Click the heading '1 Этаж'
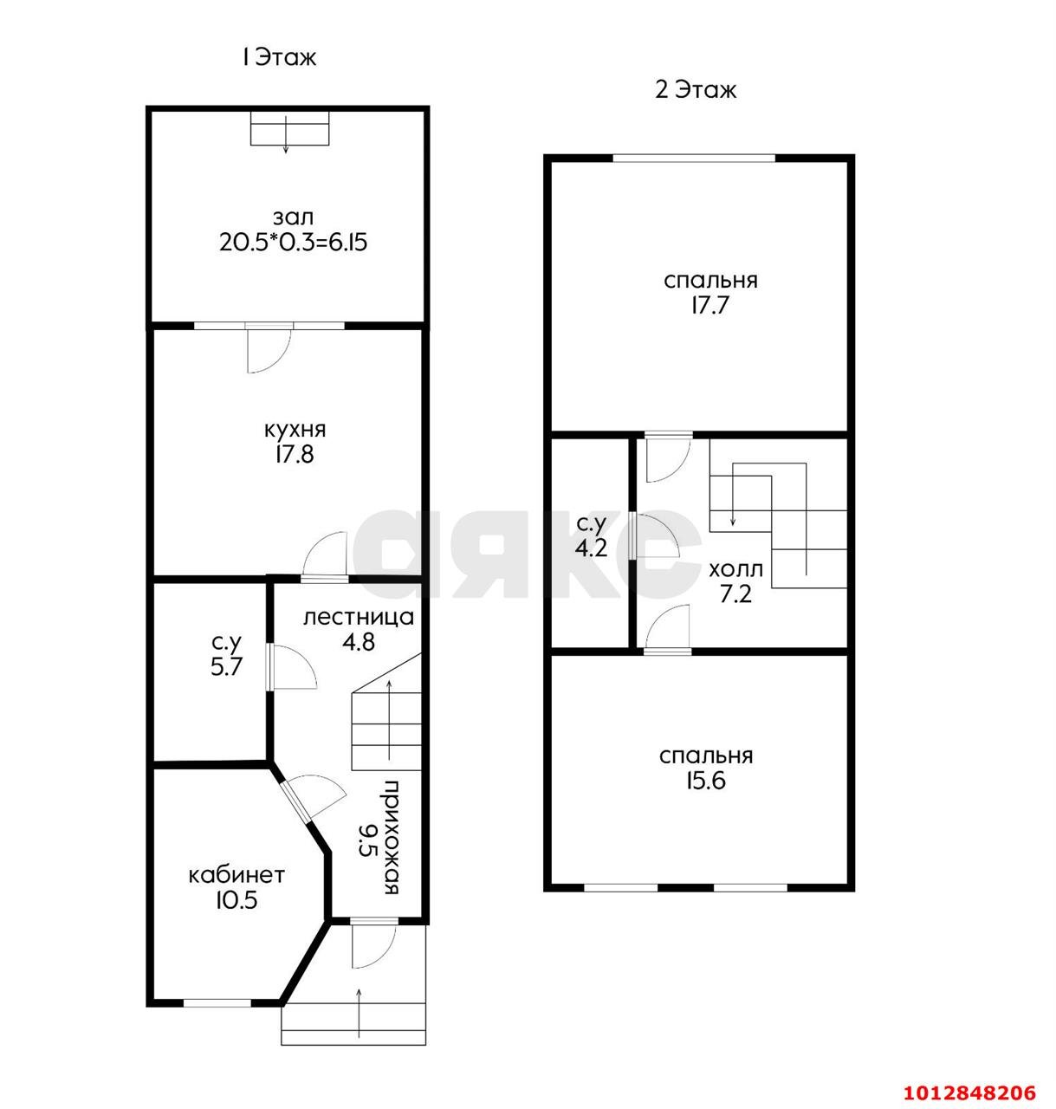pyautogui.click(x=279, y=57)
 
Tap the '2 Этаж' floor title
pyautogui.click(x=695, y=90)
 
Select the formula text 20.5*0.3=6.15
pyautogui.click(x=294, y=243)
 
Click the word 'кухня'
pyautogui.click(x=295, y=431)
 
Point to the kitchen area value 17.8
pyautogui.click(x=295, y=455)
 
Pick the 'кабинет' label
pyautogui.click(x=236, y=875)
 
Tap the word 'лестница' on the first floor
pyautogui.click(x=359, y=617)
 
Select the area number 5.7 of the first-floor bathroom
pyautogui.click(x=226, y=668)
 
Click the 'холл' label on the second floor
pyautogui.click(x=735, y=570)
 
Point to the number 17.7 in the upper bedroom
pyautogui.click(x=710, y=305)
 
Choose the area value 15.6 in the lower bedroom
pyautogui.click(x=706, y=781)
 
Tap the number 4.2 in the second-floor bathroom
pyautogui.click(x=591, y=548)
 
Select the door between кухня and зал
pyautogui.click(x=269, y=348)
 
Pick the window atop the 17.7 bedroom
pyautogui.click(x=694, y=159)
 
